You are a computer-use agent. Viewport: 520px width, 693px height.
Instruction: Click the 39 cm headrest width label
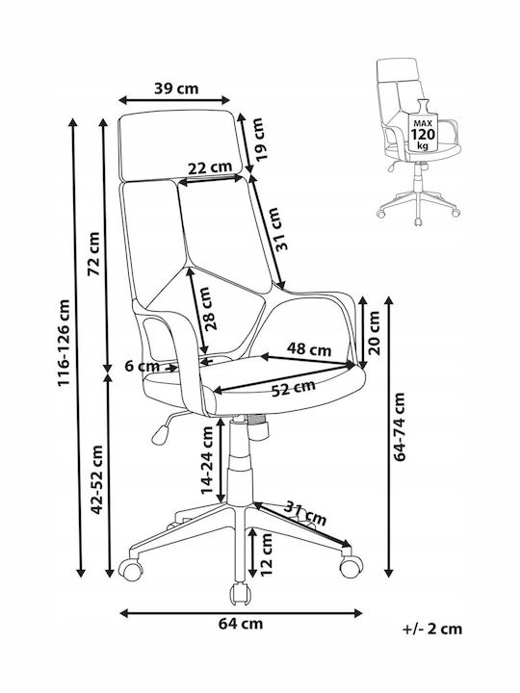coord(176,89)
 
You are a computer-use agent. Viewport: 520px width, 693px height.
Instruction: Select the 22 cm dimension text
coord(210,167)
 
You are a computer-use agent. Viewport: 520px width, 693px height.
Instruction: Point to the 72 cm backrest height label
coord(94,254)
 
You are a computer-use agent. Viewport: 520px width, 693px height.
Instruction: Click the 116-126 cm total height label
coord(64,343)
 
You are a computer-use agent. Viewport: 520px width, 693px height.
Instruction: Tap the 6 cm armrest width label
coord(142,366)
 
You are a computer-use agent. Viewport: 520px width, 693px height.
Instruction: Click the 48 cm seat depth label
coord(309,349)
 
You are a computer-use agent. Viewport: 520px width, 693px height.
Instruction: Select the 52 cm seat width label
coord(293,388)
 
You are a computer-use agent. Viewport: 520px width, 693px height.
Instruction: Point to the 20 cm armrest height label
coord(374,333)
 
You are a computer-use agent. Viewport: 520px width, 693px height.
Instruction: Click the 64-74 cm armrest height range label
coord(400,427)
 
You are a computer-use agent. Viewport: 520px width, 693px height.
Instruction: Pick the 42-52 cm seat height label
coord(97,480)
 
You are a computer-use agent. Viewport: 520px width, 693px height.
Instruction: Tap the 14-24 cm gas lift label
coord(207,460)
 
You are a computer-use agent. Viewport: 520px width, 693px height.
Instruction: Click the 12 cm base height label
coord(266,554)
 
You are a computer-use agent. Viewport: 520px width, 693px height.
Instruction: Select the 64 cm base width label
coord(241,624)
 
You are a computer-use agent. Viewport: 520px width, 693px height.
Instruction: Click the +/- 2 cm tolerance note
coord(432,629)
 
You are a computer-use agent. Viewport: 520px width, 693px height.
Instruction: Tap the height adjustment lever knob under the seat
coord(159,434)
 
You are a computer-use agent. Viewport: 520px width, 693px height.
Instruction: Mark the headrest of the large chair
coord(180,145)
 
